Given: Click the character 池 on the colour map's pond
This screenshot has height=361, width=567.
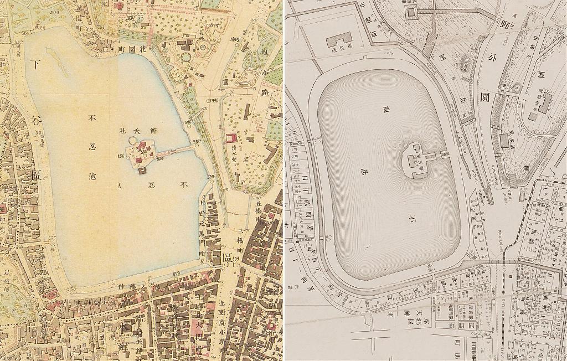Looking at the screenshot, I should pyautogui.click(x=92, y=177).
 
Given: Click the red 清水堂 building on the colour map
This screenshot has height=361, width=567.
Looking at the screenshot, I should pyautogui.click(x=231, y=138).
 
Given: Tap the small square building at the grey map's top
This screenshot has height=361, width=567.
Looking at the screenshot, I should pyautogui.click(x=412, y=12).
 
